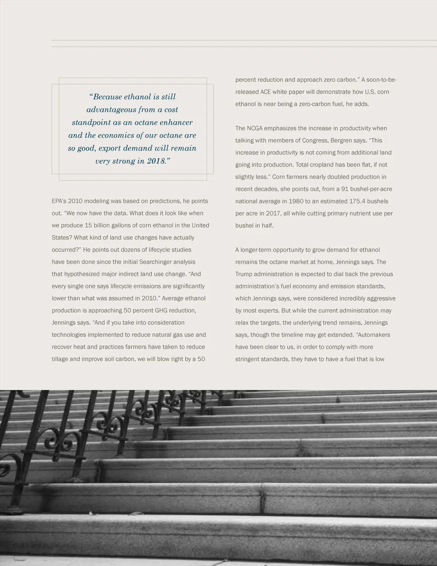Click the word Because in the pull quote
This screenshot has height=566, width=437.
click(x=107, y=97)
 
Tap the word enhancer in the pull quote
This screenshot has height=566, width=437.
click(x=176, y=122)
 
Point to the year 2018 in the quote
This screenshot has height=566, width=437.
click(x=157, y=161)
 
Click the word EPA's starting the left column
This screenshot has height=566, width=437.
click(x=59, y=201)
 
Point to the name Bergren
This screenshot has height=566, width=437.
click(x=341, y=140)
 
